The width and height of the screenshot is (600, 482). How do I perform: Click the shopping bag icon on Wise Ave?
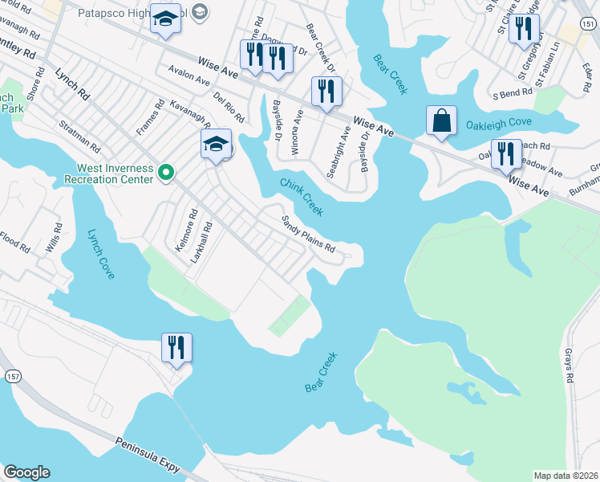(x=441, y=121)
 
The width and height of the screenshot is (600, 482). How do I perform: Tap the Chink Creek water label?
(x=302, y=196)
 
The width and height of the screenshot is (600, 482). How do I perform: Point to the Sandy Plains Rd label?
(x=307, y=234)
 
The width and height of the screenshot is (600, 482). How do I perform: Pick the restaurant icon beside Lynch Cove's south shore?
(x=176, y=349)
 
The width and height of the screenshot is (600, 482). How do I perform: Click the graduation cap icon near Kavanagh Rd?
(x=216, y=145)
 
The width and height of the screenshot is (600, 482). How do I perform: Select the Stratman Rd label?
(x=78, y=137)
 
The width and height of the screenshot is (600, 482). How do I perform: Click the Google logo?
(x=26, y=472)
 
